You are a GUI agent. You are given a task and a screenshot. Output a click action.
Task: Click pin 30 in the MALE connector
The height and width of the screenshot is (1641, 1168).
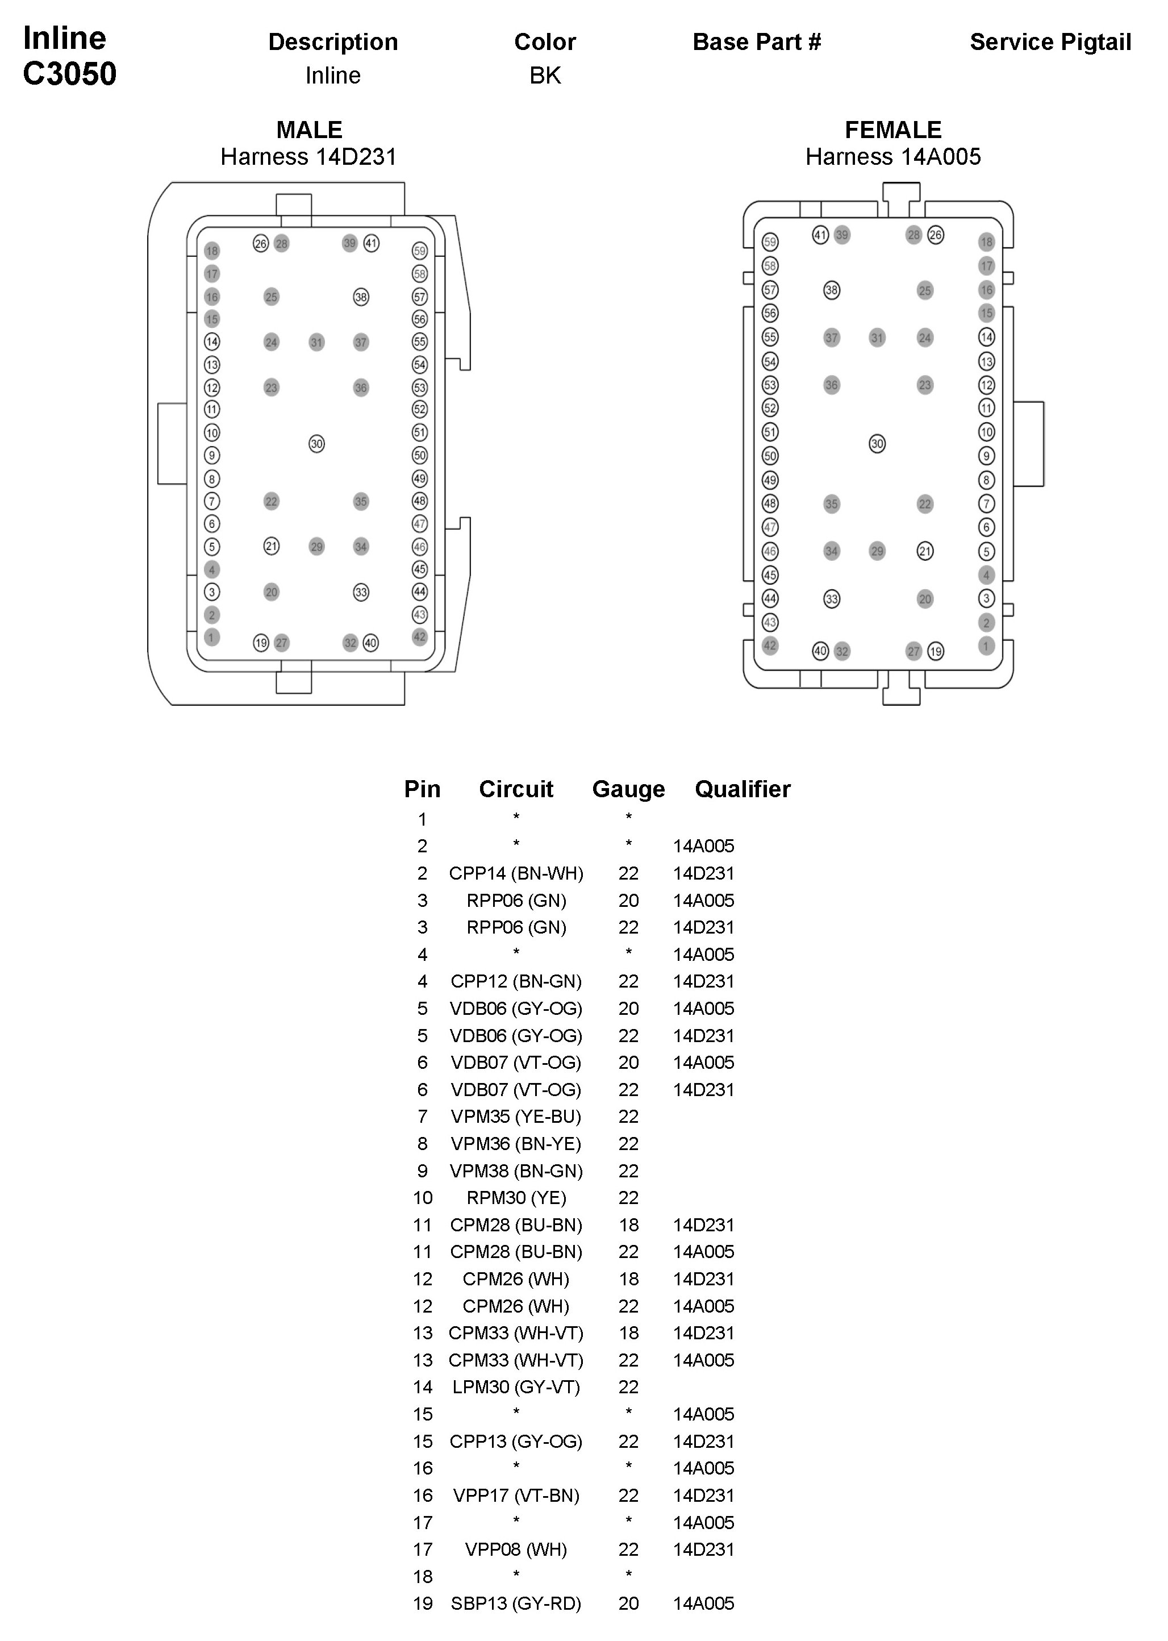[x=316, y=444]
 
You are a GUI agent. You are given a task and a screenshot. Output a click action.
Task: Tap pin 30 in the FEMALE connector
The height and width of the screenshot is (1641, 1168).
[x=877, y=444]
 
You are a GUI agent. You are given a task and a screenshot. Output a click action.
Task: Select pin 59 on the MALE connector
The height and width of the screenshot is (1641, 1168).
[x=420, y=251]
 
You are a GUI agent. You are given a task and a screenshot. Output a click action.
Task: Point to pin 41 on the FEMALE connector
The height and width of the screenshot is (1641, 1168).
[x=820, y=235]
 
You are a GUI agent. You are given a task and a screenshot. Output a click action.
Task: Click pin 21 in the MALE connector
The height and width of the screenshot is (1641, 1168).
[x=271, y=546]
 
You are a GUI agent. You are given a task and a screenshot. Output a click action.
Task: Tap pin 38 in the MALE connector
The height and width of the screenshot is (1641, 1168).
[x=361, y=297]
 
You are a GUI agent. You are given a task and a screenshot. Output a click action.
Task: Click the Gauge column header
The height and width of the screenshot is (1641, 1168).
[x=628, y=789]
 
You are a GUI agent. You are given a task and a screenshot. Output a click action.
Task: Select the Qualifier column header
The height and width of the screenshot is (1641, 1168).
[x=742, y=789]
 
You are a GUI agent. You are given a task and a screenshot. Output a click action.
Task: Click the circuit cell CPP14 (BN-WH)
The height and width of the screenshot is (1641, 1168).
[x=516, y=873]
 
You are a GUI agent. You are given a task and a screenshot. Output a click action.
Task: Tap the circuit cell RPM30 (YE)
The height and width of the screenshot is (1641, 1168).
[x=516, y=1198]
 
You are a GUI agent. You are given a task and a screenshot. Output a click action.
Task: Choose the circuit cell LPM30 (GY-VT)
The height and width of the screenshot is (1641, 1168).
[x=516, y=1387]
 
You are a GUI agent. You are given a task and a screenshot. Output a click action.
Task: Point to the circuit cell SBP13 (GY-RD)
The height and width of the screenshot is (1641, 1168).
[x=516, y=1603]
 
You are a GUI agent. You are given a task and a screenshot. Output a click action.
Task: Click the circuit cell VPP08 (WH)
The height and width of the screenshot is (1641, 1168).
[x=516, y=1550]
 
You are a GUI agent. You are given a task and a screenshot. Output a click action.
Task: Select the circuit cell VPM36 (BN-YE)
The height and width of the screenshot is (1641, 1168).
[x=516, y=1144]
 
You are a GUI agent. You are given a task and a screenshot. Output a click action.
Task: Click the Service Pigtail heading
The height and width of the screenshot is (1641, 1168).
[x=1050, y=43]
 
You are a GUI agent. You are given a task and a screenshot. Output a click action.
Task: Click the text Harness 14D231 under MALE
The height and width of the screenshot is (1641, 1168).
[x=308, y=157]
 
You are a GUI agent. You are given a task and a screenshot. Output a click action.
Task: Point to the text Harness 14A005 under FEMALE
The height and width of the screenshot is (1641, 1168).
[x=892, y=157]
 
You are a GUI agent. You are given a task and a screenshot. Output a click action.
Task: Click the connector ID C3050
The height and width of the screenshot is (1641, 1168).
[x=70, y=74]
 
